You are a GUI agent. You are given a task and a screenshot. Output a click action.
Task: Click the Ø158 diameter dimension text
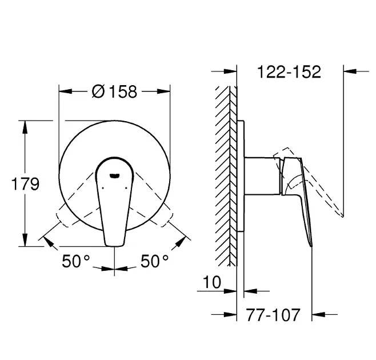114,91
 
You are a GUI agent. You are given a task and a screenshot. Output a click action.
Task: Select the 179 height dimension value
25,184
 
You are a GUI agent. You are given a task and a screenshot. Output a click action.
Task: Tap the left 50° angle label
76,261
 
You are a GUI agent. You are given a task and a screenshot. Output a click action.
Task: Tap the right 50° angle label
154,261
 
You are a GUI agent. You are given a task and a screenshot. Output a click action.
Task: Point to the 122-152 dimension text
289,71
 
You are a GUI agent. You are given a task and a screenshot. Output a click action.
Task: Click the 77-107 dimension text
273,315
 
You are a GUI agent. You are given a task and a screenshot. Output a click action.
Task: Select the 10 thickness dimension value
212,282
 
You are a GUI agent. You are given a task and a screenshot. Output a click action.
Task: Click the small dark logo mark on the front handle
114,176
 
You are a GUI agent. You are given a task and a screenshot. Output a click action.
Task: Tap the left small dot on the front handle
103,188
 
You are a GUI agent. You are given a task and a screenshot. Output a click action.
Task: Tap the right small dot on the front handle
126,188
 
